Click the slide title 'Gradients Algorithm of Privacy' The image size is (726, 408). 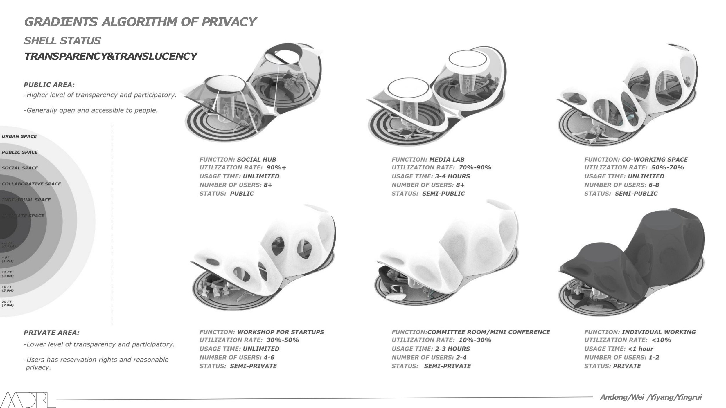[x=140, y=22]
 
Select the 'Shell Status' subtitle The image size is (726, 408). [x=62, y=41]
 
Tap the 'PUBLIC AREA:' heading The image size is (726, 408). [x=49, y=85]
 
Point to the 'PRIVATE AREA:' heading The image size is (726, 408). [x=51, y=333]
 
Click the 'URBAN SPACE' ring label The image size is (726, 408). [x=19, y=136]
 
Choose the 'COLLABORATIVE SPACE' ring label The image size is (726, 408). [x=31, y=184]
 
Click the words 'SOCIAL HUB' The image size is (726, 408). [x=256, y=160]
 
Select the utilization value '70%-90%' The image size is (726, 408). [x=475, y=167]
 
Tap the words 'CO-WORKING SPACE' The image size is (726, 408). [x=655, y=160]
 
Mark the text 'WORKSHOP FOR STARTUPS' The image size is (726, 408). [x=281, y=332]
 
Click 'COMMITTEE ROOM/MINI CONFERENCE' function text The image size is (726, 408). [x=489, y=332]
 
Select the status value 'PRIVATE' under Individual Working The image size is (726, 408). [x=627, y=366]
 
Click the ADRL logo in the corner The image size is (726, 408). [x=28, y=400]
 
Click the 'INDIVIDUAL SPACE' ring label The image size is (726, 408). [x=26, y=200]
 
